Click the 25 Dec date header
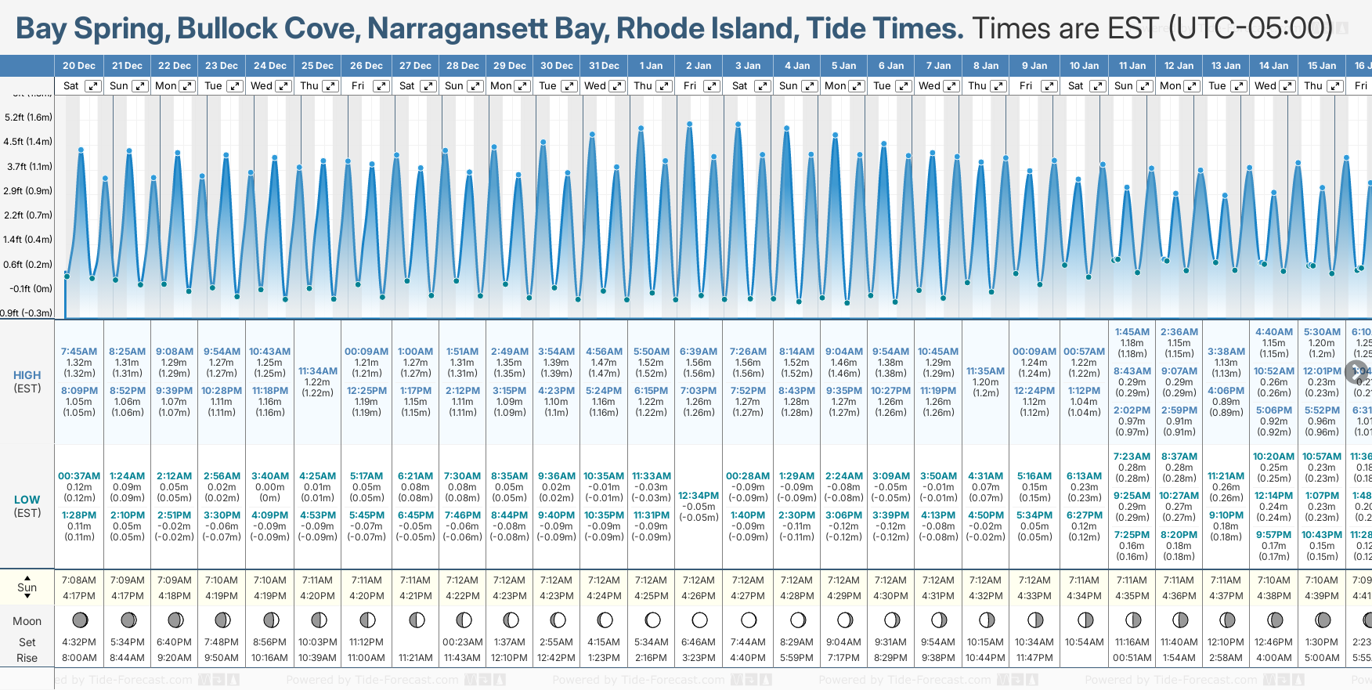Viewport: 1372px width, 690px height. point(317,66)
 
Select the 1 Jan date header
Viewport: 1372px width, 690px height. point(651,66)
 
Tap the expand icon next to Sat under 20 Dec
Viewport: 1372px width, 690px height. point(93,86)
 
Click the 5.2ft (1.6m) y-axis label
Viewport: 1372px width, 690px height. point(28,117)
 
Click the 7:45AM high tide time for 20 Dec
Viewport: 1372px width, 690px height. point(79,352)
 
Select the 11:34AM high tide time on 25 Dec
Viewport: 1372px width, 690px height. point(318,371)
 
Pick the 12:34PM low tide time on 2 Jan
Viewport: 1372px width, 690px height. point(699,496)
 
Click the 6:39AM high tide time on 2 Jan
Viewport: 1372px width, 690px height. point(699,352)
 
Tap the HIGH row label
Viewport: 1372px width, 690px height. point(27,375)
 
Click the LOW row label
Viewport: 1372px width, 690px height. point(27,500)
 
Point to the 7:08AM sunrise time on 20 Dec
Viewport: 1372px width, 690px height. point(79,580)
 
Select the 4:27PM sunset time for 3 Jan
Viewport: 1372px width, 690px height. point(748,596)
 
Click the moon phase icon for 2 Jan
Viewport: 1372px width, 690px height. point(699,620)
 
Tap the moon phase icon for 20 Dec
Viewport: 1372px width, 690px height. point(80,620)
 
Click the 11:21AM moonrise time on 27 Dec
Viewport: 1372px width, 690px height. point(415,658)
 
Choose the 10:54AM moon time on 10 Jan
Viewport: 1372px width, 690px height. point(1084,642)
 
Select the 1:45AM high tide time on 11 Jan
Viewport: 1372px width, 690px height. point(1132,332)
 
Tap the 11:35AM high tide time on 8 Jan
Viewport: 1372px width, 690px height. point(985,371)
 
